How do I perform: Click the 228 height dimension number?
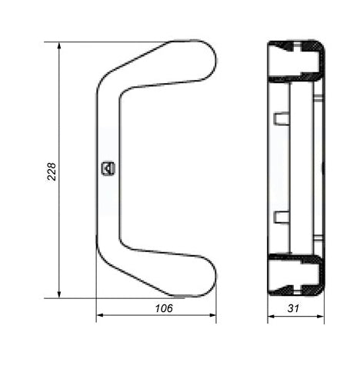pyautogui.click(x=52, y=171)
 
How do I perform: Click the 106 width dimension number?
pyautogui.click(x=164, y=308)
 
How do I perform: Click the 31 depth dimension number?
pyautogui.click(x=293, y=308)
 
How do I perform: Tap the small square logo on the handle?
pyautogui.click(x=108, y=168)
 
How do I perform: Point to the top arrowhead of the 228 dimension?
pyautogui.click(x=59, y=45)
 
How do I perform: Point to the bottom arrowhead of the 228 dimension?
pyautogui.click(x=59, y=294)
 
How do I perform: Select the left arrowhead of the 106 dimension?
pyautogui.click(x=100, y=315)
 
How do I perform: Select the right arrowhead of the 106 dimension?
pyautogui.click(x=212, y=315)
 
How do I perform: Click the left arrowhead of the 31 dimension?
pyautogui.click(x=272, y=317)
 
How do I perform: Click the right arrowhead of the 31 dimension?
pyautogui.click(x=321, y=317)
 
